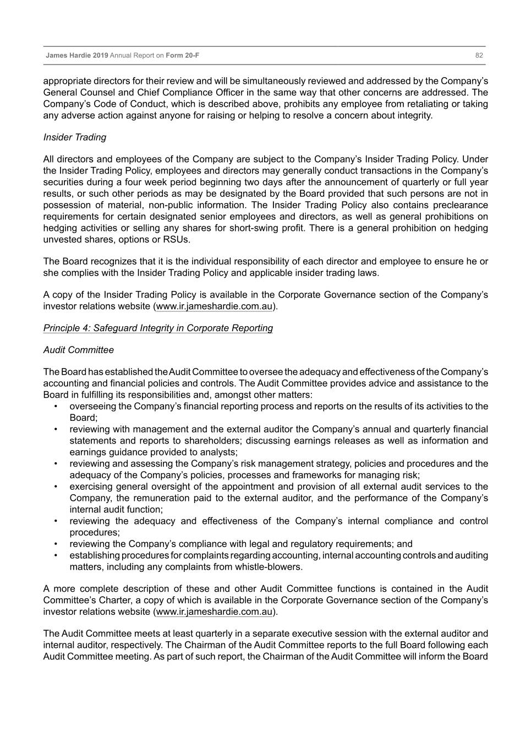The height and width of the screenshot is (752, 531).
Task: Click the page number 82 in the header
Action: tap(479, 56)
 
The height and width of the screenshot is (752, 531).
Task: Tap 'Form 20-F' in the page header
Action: tap(183, 56)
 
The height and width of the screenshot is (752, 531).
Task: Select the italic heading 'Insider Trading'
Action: tap(75, 137)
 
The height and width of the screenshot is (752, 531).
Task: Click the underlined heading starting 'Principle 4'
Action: tap(158, 328)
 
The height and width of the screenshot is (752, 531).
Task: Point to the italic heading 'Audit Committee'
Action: tap(79, 350)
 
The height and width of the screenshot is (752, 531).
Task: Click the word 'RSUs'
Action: tap(176, 240)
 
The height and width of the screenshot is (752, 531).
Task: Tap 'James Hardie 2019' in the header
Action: tap(77, 56)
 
